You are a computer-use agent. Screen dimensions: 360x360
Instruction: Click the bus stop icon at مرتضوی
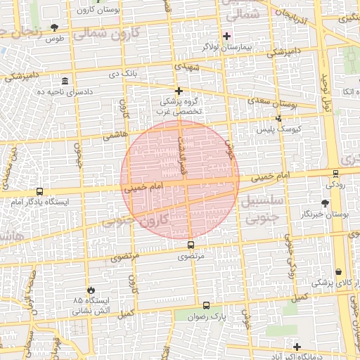tap(191, 245)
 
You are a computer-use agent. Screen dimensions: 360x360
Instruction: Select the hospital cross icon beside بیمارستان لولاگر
tap(226, 36)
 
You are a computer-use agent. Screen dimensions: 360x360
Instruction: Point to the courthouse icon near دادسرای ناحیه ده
tap(65, 80)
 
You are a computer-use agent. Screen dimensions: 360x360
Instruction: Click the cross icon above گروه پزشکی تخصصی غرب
tap(179, 91)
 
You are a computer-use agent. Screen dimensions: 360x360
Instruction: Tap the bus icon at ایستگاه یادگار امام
tap(39, 191)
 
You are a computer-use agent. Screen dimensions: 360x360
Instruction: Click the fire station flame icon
tap(91, 290)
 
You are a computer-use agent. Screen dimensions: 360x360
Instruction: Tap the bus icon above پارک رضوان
tap(206, 306)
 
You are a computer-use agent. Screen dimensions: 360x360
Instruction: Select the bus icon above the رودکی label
tap(335, 173)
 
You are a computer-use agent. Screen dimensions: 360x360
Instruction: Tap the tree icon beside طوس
tap(54, 27)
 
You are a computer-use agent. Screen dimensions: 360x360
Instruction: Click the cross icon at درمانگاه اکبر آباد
tap(297, 347)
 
